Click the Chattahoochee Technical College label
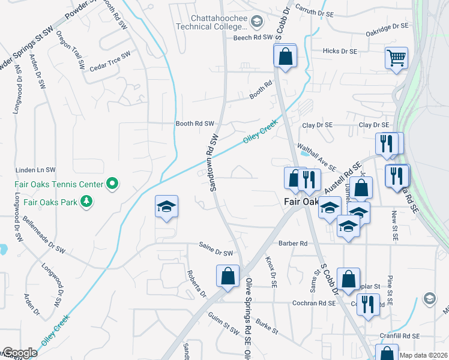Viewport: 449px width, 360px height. [x=211, y=23]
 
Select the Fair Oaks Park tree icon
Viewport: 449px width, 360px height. [x=88, y=201]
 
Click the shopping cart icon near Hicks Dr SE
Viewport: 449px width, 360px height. [x=396, y=58]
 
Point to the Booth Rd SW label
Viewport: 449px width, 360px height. [x=194, y=124]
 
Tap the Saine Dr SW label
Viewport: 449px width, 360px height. [x=215, y=253]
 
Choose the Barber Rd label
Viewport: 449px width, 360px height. [x=292, y=244]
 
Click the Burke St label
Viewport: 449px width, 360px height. [x=267, y=326]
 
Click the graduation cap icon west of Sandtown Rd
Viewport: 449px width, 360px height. [x=166, y=207]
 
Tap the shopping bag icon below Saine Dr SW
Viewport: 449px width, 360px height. [x=228, y=277]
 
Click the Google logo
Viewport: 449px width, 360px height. [x=19, y=353]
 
